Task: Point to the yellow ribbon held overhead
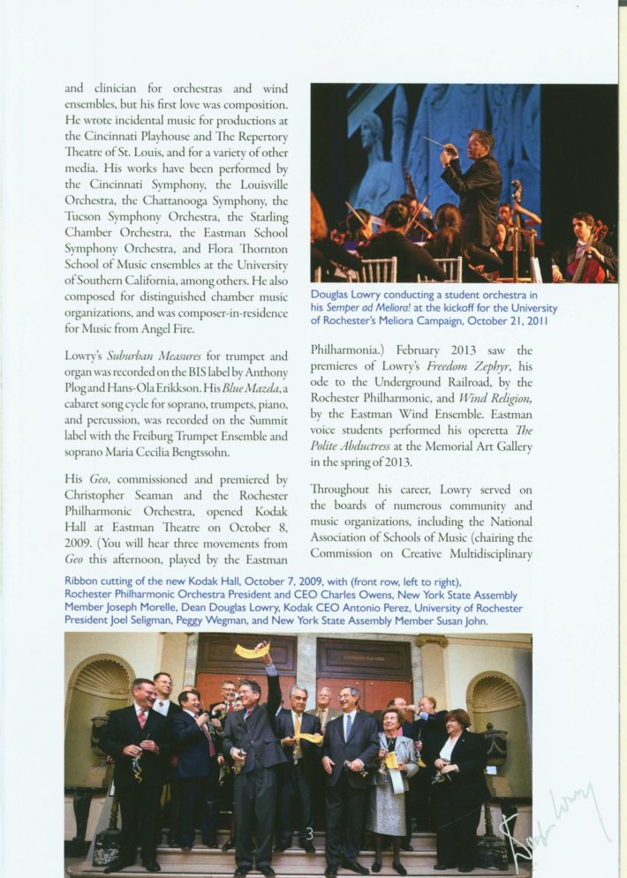[252, 651]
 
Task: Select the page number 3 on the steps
[309, 833]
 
